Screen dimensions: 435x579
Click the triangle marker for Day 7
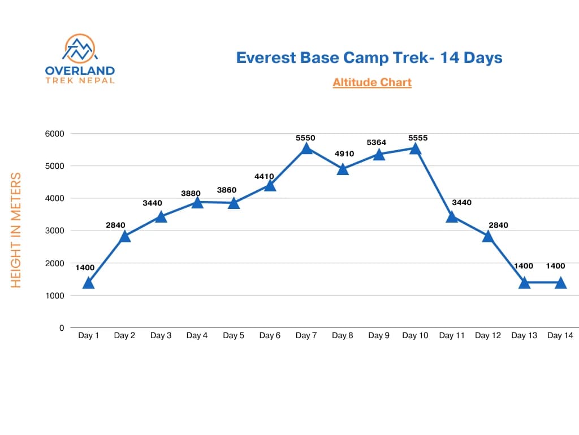coord(306,148)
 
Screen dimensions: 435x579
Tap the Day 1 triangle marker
coord(88,283)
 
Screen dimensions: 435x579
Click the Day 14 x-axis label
coord(560,336)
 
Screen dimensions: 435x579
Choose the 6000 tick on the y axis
coord(55,134)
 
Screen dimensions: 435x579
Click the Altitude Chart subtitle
coord(372,83)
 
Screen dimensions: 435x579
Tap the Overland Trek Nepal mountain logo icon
coord(79,49)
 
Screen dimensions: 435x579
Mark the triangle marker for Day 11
coord(451,216)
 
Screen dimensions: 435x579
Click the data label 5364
coord(376,143)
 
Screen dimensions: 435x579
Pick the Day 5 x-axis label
coord(234,336)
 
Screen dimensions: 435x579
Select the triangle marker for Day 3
coord(161,216)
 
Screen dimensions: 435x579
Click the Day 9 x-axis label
coord(379,336)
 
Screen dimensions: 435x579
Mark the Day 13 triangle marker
coord(524,283)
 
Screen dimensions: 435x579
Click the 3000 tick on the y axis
coord(55,231)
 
